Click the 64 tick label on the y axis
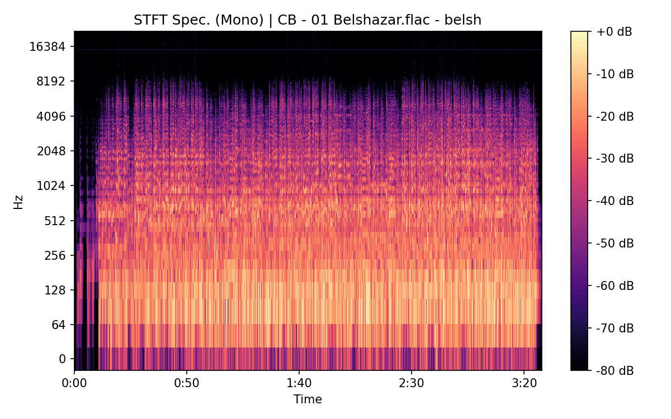pos(59,325)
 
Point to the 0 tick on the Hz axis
pos(63,359)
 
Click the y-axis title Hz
pos(18,201)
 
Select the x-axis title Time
pos(308,399)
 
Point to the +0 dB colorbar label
pos(614,32)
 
